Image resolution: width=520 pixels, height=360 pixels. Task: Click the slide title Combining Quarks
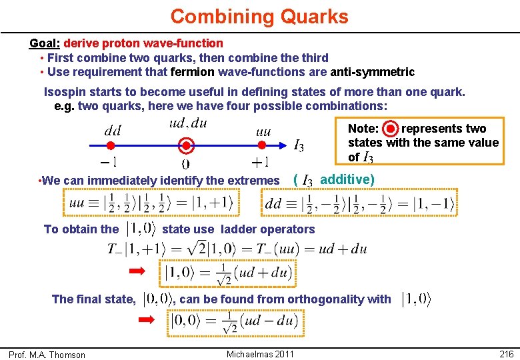259,16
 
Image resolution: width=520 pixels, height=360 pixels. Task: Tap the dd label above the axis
112,131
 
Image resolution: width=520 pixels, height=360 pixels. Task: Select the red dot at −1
111,145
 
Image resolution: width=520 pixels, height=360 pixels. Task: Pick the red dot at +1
263,145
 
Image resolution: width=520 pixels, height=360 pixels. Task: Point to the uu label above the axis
263,132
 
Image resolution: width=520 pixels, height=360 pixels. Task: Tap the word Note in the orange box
363,129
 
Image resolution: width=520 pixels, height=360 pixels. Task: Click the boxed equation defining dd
359,203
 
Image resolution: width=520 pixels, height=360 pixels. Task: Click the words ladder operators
267,229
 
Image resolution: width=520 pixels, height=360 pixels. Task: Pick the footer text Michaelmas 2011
260,354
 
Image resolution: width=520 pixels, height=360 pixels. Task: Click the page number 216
505,354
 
